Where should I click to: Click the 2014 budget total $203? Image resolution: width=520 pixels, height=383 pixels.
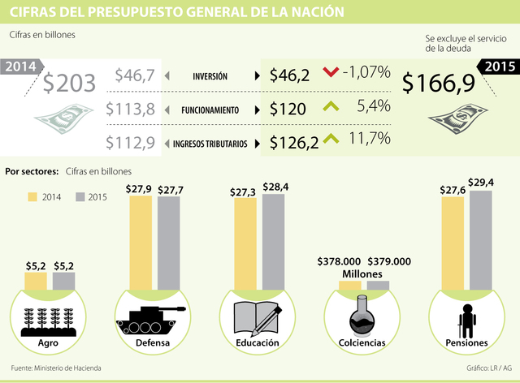point(70,84)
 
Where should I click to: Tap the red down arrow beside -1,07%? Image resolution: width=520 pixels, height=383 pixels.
point(330,73)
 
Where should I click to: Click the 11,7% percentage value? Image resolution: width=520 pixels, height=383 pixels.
point(370,140)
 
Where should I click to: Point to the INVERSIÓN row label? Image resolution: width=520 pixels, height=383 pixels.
point(210,76)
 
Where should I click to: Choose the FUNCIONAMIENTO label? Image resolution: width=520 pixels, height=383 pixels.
point(210,110)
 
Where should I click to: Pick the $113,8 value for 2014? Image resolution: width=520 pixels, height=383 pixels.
point(134,109)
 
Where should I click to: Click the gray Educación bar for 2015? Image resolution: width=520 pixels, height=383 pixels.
point(274,242)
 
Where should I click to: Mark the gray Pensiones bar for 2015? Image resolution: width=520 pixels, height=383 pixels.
point(481,240)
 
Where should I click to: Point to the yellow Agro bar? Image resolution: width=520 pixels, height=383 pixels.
point(36,281)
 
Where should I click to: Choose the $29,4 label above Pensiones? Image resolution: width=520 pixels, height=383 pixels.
point(481,183)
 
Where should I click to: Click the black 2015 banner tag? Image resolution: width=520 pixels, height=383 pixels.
point(498,67)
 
